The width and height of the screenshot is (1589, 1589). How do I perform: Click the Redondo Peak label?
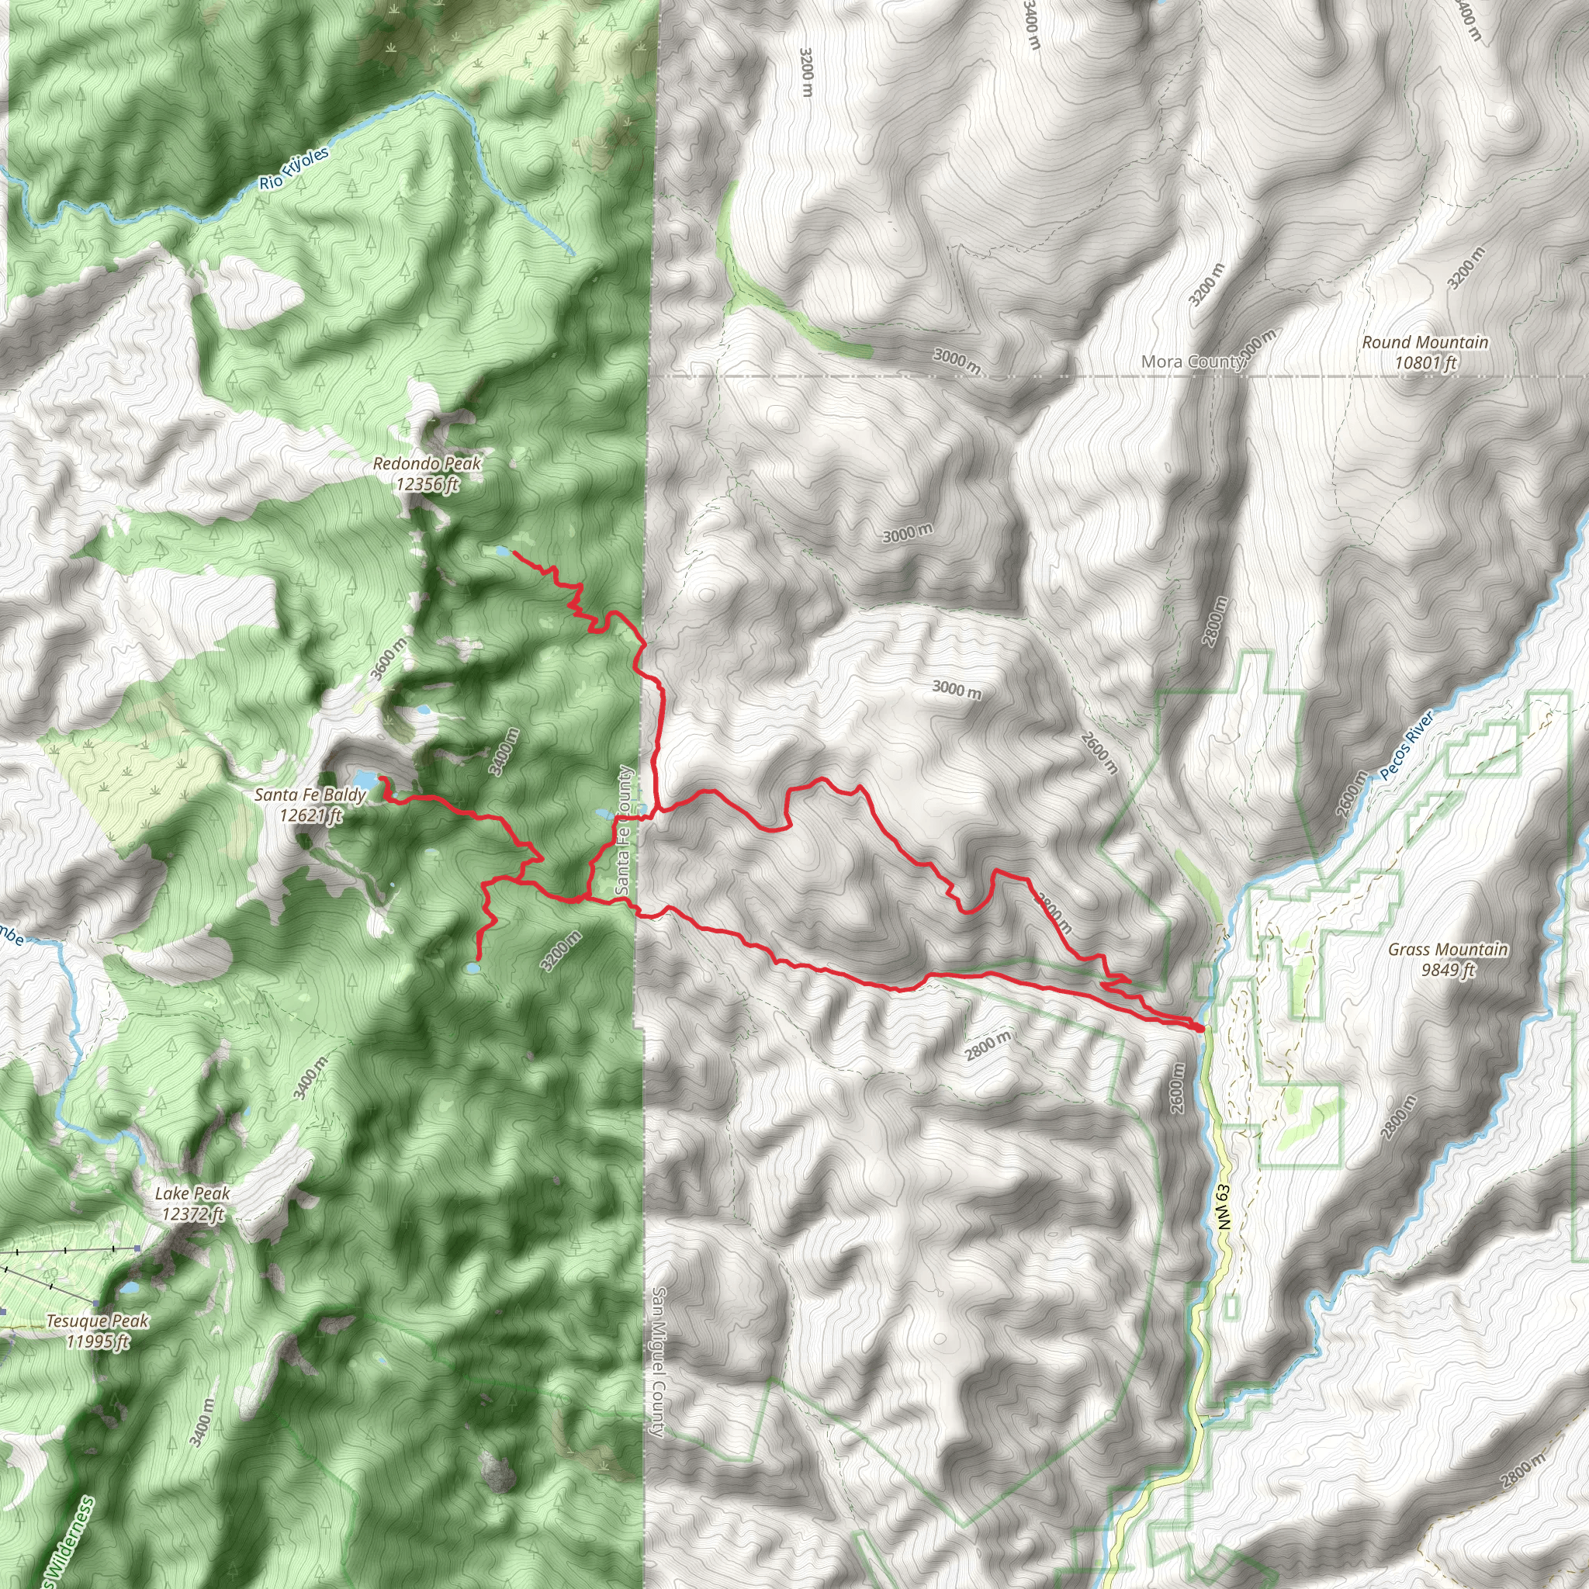(x=426, y=464)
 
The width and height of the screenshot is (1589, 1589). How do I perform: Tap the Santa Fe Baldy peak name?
(x=310, y=794)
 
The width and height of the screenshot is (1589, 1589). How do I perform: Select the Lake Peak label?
(x=192, y=1193)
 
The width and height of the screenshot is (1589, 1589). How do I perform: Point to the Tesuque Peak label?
(x=97, y=1321)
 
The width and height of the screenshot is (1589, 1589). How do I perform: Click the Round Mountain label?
(x=1425, y=342)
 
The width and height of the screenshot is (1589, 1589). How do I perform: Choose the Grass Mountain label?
(x=1448, y=949)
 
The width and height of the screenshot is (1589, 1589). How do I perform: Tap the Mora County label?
(x=1193, y=361)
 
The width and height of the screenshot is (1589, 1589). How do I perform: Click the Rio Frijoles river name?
(x=293, y=168)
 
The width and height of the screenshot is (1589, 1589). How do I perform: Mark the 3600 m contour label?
(x=388, y=658)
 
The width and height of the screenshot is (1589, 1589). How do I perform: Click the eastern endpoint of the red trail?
(x=1202, y=1028)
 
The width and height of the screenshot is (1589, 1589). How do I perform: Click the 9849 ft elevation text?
(x=1448, y=970)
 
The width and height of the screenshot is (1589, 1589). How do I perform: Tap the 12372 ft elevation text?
(x=192, y=1214)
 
